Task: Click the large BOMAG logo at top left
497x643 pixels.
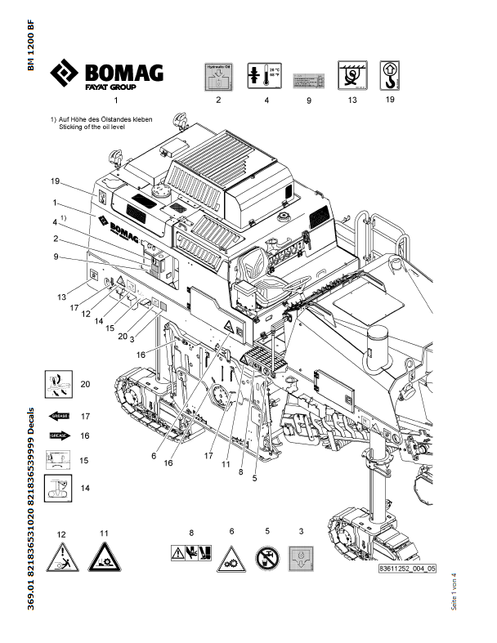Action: click(107, 74)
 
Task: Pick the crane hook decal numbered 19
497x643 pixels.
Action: click(389, 76)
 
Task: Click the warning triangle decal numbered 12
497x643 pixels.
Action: click(61, 558)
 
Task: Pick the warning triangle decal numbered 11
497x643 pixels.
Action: click(104, 558)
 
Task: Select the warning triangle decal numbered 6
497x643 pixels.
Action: click(231, 557)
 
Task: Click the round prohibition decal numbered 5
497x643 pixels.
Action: click(266, 558)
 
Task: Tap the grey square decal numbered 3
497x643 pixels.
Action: click(302, 558)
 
